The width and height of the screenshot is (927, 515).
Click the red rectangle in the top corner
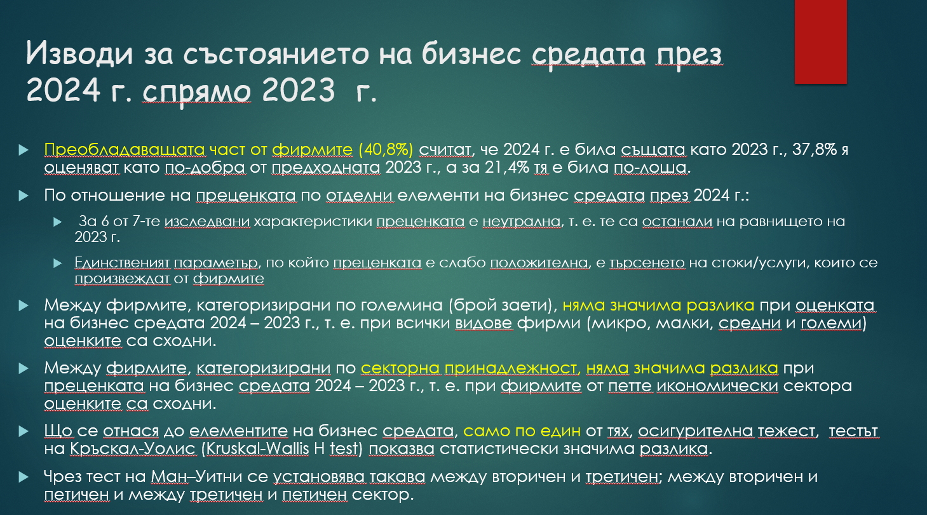821,41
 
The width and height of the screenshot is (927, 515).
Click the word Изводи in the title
79,54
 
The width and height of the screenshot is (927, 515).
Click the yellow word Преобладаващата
125,149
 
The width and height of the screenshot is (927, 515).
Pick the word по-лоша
650,168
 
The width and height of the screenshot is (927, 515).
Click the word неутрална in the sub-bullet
522,222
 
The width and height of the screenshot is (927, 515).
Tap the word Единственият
122,263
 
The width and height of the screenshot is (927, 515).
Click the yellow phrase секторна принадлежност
469,368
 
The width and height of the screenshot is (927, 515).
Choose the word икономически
717,386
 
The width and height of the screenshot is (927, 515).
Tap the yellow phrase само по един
522,431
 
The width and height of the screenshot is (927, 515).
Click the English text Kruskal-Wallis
257,449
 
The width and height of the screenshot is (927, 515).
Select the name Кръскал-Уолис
133,449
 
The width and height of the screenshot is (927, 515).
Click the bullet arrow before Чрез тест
24,478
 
